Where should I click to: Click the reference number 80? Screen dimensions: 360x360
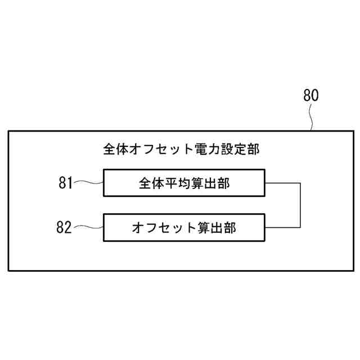tap(310, 96)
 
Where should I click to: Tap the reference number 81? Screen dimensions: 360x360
tap(66, 182)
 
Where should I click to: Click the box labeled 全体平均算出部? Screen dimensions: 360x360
tap(184, 182)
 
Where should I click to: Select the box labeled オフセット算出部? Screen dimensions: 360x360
tap(184, 227)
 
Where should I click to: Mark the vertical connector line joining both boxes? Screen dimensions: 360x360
tap(301, 205)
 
